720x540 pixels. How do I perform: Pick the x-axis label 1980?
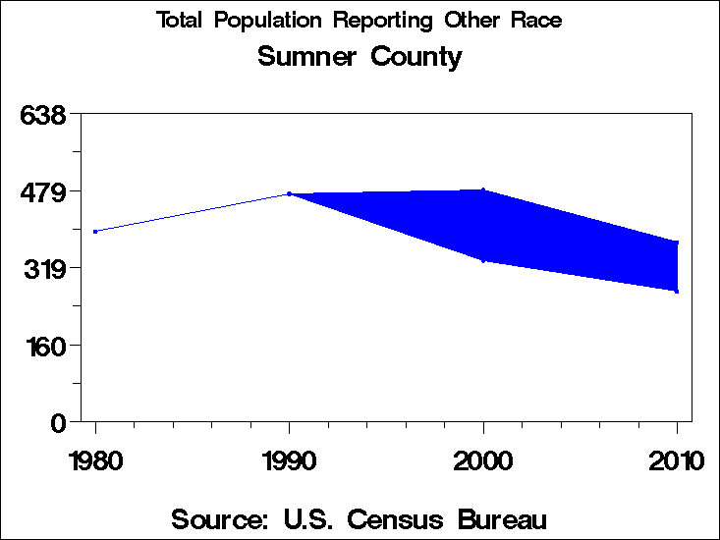click(95, 460)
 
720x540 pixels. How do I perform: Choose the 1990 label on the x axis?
click(289, 460)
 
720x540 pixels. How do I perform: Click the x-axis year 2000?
click(483, 460)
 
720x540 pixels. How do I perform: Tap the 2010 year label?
click(677, 460)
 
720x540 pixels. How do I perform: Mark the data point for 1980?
click(95, 232)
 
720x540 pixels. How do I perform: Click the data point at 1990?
click(289, 194)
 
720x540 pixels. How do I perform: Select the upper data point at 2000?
click(483, 189)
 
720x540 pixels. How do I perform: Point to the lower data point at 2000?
click(483, 260)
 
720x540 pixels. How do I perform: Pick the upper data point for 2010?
click(677, 242)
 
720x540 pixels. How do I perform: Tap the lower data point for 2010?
click(677, 291)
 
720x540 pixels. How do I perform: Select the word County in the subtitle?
click(417, 57)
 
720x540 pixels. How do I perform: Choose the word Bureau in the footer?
click(498, 517)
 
